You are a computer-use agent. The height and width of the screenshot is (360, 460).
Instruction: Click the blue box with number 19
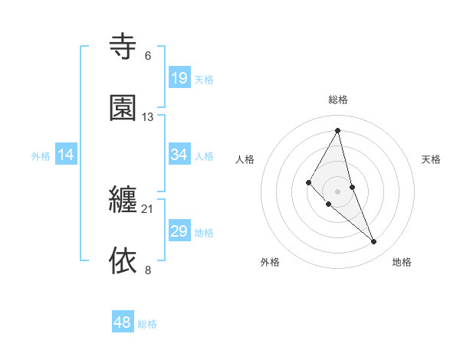click(179, 77)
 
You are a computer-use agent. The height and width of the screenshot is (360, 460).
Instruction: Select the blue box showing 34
click(179, 155)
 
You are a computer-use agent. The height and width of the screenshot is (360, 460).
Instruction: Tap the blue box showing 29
click(179, 231)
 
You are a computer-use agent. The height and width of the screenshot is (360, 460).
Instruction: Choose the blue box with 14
click(66, 155)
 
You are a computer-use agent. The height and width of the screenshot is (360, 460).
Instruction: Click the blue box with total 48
click(123, 322)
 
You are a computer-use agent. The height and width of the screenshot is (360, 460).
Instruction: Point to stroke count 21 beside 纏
click(147, 209)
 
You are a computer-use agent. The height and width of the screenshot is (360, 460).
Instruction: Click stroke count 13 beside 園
click(148, 117)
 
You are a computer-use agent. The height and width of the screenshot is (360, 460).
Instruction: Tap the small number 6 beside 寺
click(148, 56)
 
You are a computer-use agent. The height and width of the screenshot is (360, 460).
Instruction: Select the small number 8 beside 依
click(148, 270)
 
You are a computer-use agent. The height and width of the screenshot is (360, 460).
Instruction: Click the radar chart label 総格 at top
click(338, 100)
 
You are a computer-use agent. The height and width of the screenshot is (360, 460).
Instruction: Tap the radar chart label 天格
click(432, 159)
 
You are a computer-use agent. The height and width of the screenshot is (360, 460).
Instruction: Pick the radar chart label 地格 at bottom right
click(402, 262)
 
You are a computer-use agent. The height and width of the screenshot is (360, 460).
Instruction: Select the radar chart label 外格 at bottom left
click(270, 262)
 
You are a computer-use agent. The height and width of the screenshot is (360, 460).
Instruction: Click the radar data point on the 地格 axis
click(374, 242)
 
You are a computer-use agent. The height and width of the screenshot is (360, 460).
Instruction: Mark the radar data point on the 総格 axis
click(338, 130)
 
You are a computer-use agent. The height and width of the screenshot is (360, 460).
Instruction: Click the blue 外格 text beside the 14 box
click(41, 155)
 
